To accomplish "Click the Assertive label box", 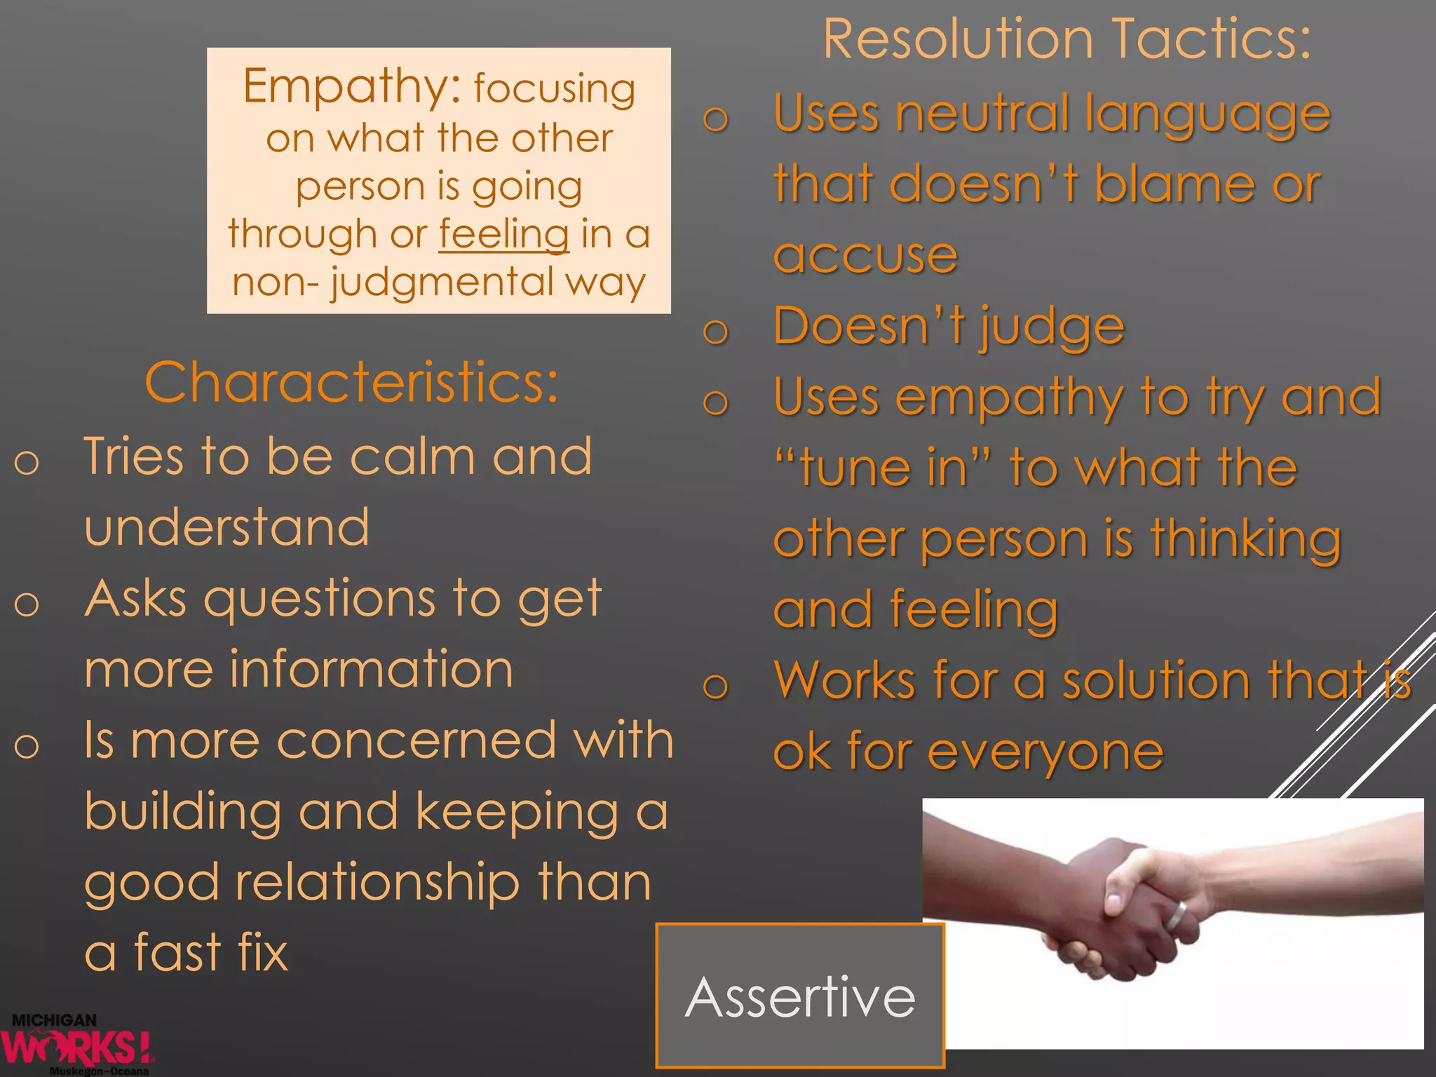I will point(800,996).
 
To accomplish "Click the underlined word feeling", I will point(503,234).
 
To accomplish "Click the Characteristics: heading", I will point(351,382).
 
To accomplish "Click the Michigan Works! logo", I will point(77,1045).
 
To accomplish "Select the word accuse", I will point(865,255).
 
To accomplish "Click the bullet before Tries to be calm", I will point(27,463).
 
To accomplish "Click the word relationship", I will point(377,882).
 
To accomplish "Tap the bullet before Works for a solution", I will point(715,685).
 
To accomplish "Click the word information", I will point(372,670).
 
